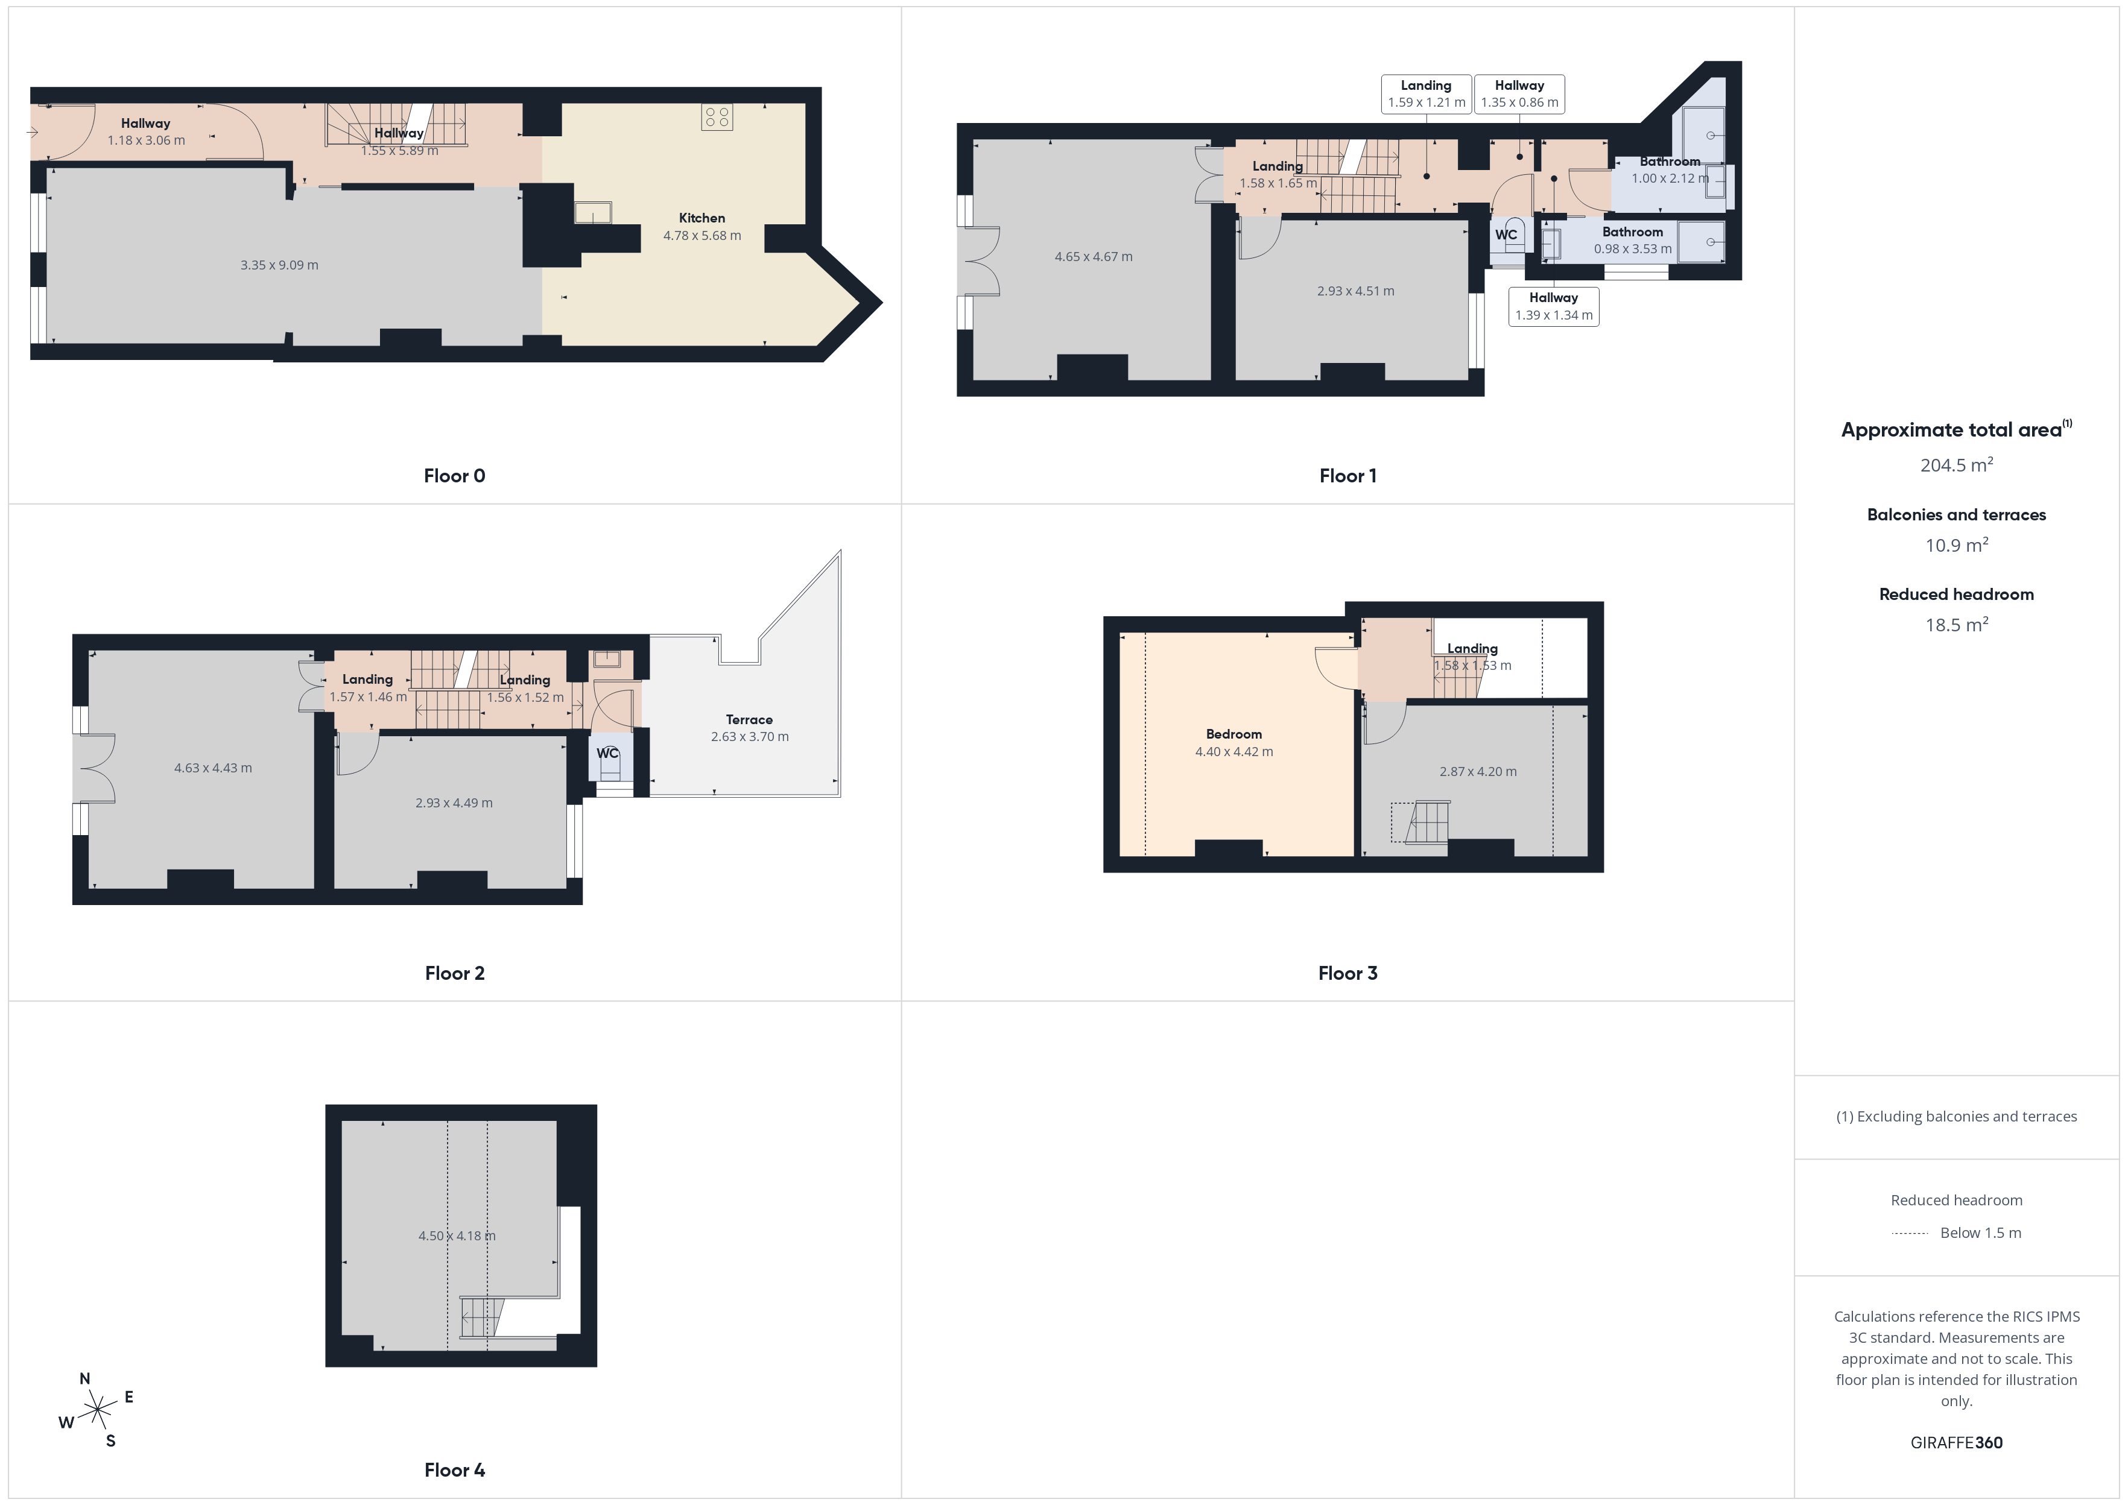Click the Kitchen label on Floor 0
701,218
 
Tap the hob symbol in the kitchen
717,117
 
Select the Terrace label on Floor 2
749,719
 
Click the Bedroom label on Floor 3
1233,734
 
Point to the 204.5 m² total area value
1957,464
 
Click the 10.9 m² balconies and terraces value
1957,544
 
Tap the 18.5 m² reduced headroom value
1957,623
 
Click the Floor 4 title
454,1470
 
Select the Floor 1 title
1347,475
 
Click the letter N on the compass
84,1378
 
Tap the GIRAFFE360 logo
1957,1442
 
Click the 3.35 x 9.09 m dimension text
279,265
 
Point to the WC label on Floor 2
607,752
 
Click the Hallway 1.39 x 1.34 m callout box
1553,306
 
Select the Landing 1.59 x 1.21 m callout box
1427,93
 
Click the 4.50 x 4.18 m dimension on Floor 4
457,1235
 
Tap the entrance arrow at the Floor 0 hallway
31,133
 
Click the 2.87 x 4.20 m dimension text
1478,771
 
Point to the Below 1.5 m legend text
1981,1232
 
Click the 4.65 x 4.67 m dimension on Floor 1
1094,257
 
